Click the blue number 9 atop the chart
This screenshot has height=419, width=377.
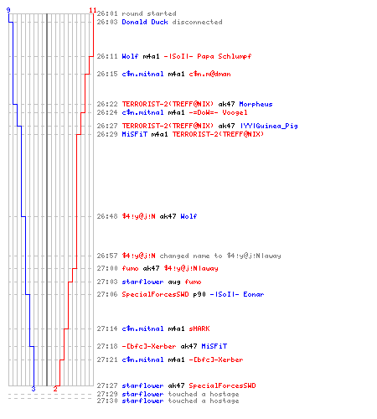click(x=8, y=10)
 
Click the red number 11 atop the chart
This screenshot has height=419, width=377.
click(x=93, y=10)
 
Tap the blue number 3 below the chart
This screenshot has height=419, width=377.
click(x=34, y=389)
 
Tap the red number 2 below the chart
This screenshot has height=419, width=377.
click(x=55, y=389)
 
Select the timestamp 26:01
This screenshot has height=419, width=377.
click(x=107, y=13)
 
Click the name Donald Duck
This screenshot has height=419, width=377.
click(x=145, y=22)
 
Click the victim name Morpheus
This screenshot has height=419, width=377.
click(x=256, y=104)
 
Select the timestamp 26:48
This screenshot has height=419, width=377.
click(x=107, y=216)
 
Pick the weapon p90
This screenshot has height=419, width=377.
click(x=199, y=294)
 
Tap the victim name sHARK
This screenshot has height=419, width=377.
click(x=199, y=328)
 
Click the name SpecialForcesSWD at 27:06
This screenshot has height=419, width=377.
click(x=155, y=294)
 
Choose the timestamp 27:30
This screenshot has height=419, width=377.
click(x=107, y=401)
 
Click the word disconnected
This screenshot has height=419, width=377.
click(x=197, y=22)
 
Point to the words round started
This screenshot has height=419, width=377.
click(x=149, y=13)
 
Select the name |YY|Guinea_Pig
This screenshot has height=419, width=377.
click(x=269, y=126)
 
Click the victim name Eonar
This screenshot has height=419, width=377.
click(x=253, y=294)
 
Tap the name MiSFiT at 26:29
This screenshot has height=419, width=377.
click(x=134, y=134)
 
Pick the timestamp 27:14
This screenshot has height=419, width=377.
click(x=107, y=328)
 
